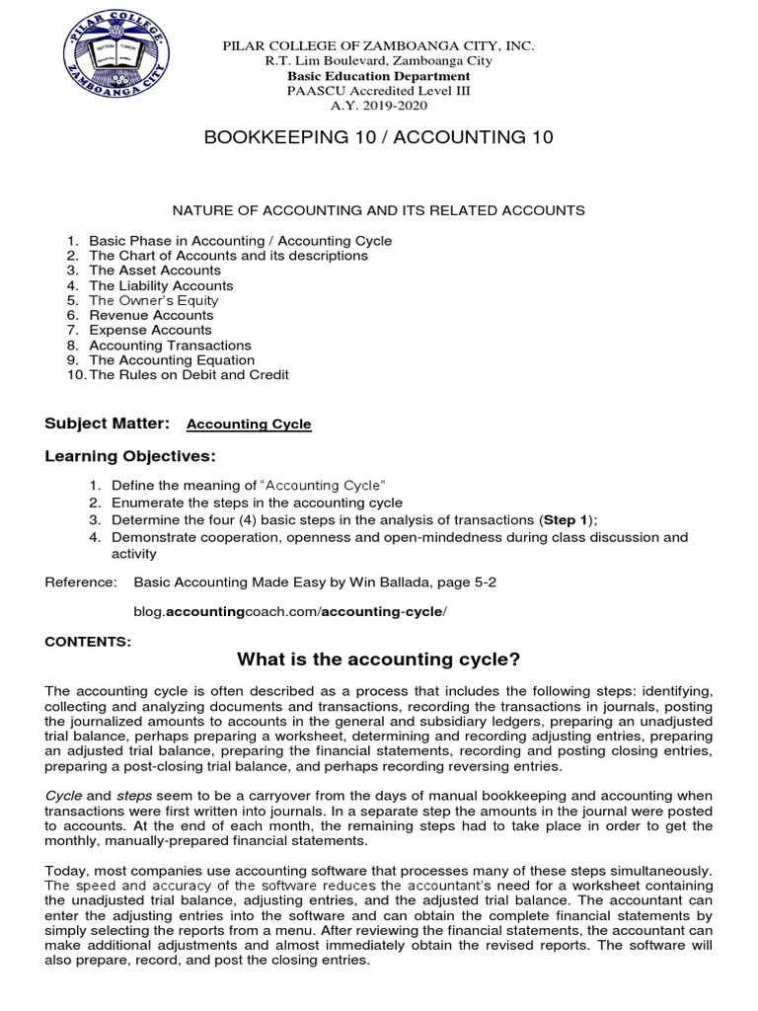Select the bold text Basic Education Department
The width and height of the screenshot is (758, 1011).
pos(379,76)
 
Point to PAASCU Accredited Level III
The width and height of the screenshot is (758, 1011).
pos(379,91)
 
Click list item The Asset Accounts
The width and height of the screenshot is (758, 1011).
pos(155,271)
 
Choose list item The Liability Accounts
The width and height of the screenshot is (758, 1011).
pos(161,285)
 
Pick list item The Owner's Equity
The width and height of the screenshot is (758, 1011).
pos(154,300)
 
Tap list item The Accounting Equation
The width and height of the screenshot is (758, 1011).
pos(172,360)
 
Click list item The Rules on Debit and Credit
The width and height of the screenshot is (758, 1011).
pos(189,375)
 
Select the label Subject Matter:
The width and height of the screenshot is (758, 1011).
pos(108,424)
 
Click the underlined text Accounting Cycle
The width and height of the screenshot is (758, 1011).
pos(249,425)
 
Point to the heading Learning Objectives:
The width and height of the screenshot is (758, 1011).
pos(129,456)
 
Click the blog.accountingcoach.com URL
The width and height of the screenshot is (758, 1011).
pos(290,612)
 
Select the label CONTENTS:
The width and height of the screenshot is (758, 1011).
pos(88,642)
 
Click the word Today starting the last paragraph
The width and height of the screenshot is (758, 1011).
pos(65,871)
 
